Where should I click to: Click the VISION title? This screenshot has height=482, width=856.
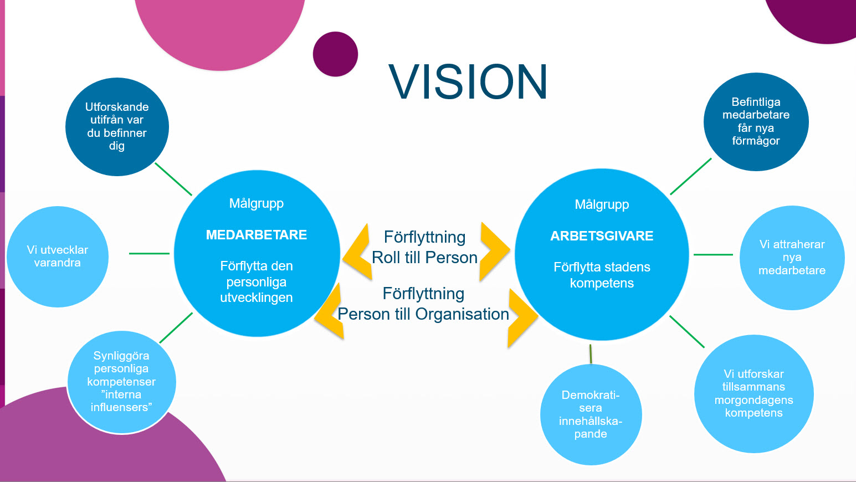click(468, 81)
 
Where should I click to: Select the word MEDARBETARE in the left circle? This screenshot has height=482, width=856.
click(257, 235)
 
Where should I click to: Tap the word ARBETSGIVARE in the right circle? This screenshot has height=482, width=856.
click(602, 236)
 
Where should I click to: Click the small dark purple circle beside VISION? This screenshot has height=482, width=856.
click(336, 54)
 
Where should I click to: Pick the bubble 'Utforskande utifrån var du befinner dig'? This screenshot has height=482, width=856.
click(117, 127)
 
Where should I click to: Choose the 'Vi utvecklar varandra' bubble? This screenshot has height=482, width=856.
click(58, 257)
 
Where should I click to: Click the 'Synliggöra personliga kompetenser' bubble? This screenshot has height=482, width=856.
click(121, 382)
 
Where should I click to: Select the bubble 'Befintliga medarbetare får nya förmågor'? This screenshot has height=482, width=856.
click(756, 122)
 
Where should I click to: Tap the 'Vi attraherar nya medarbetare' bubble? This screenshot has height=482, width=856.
click(792, 258)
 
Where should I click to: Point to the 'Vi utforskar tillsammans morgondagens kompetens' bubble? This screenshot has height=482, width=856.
click(754, 394)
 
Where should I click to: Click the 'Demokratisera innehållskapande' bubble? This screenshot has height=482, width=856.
click(591, 415)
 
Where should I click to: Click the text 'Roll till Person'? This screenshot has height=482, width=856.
click(424, 258)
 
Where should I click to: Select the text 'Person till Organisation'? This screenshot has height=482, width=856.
click(423, 314)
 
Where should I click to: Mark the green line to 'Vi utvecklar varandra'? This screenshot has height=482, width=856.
click(149, 253)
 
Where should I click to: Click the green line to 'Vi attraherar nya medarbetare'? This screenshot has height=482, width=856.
click(714, 254)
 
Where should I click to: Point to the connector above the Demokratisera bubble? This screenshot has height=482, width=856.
click(591, 354)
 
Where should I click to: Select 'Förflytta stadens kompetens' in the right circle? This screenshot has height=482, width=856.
click(602, 275)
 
